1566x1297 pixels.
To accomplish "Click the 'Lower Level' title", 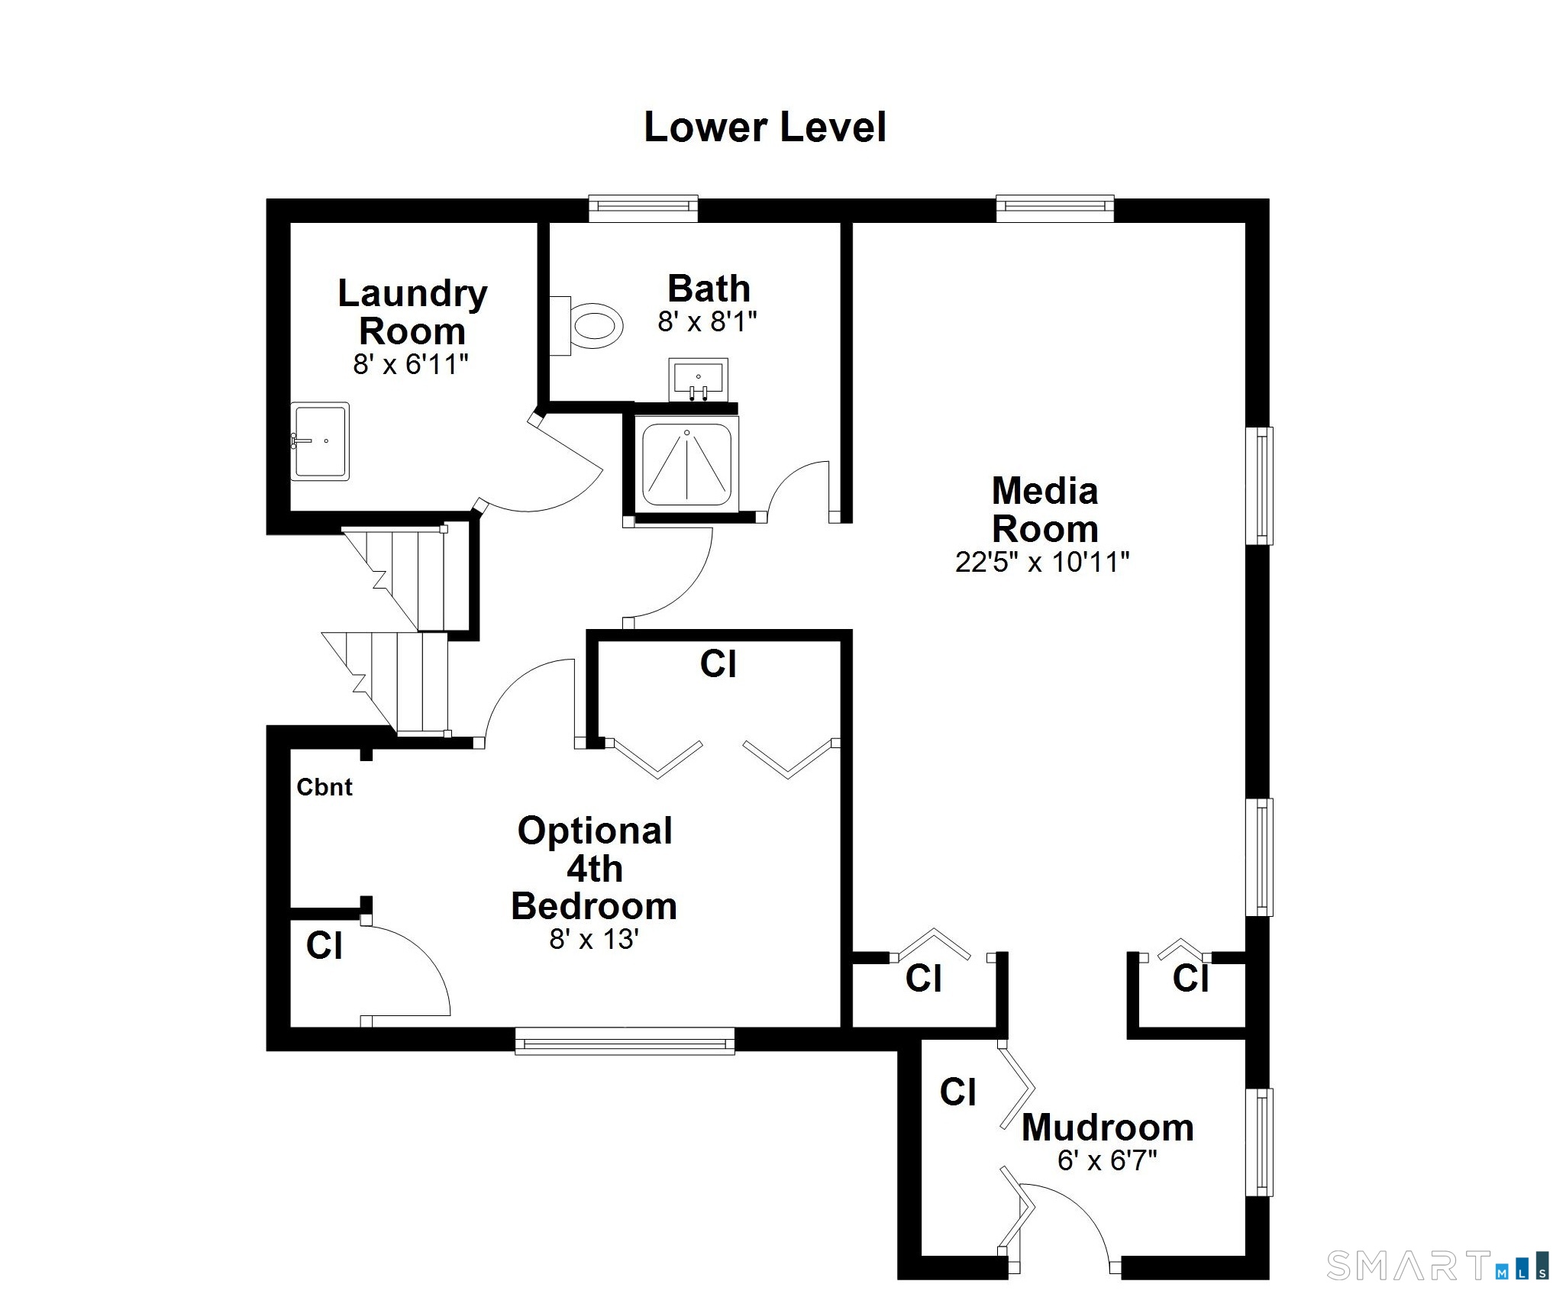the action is coord(765,127).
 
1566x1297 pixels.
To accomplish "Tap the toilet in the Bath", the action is coord(586,326).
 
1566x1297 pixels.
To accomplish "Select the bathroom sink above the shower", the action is coord(698,379).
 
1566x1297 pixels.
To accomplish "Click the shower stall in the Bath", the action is coord(686,464).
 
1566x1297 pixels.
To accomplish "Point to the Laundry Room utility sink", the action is coord(320,441).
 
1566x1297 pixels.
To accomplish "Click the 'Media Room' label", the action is coord(1045,509).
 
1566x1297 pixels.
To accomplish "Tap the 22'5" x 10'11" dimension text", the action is coord(1042,563).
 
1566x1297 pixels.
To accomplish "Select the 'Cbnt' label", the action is coord(325,787).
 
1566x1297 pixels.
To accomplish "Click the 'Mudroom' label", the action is coord(1108,1128).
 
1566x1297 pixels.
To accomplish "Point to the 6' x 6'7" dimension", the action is coord(1107,1161).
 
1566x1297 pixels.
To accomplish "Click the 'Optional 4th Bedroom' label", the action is coord(595,868).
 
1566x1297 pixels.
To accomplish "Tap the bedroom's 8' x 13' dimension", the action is coord(594,939).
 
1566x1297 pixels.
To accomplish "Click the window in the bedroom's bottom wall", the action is coord(625,1041).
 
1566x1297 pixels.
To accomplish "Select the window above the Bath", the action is coord(644,208).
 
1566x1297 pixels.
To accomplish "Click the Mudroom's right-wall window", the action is coord(1260,1142).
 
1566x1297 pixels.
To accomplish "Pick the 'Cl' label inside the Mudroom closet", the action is coord(958,1092).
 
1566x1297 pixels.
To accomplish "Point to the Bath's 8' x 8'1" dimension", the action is coord(708,322).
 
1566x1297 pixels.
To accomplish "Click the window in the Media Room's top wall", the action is coord(1055,208).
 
